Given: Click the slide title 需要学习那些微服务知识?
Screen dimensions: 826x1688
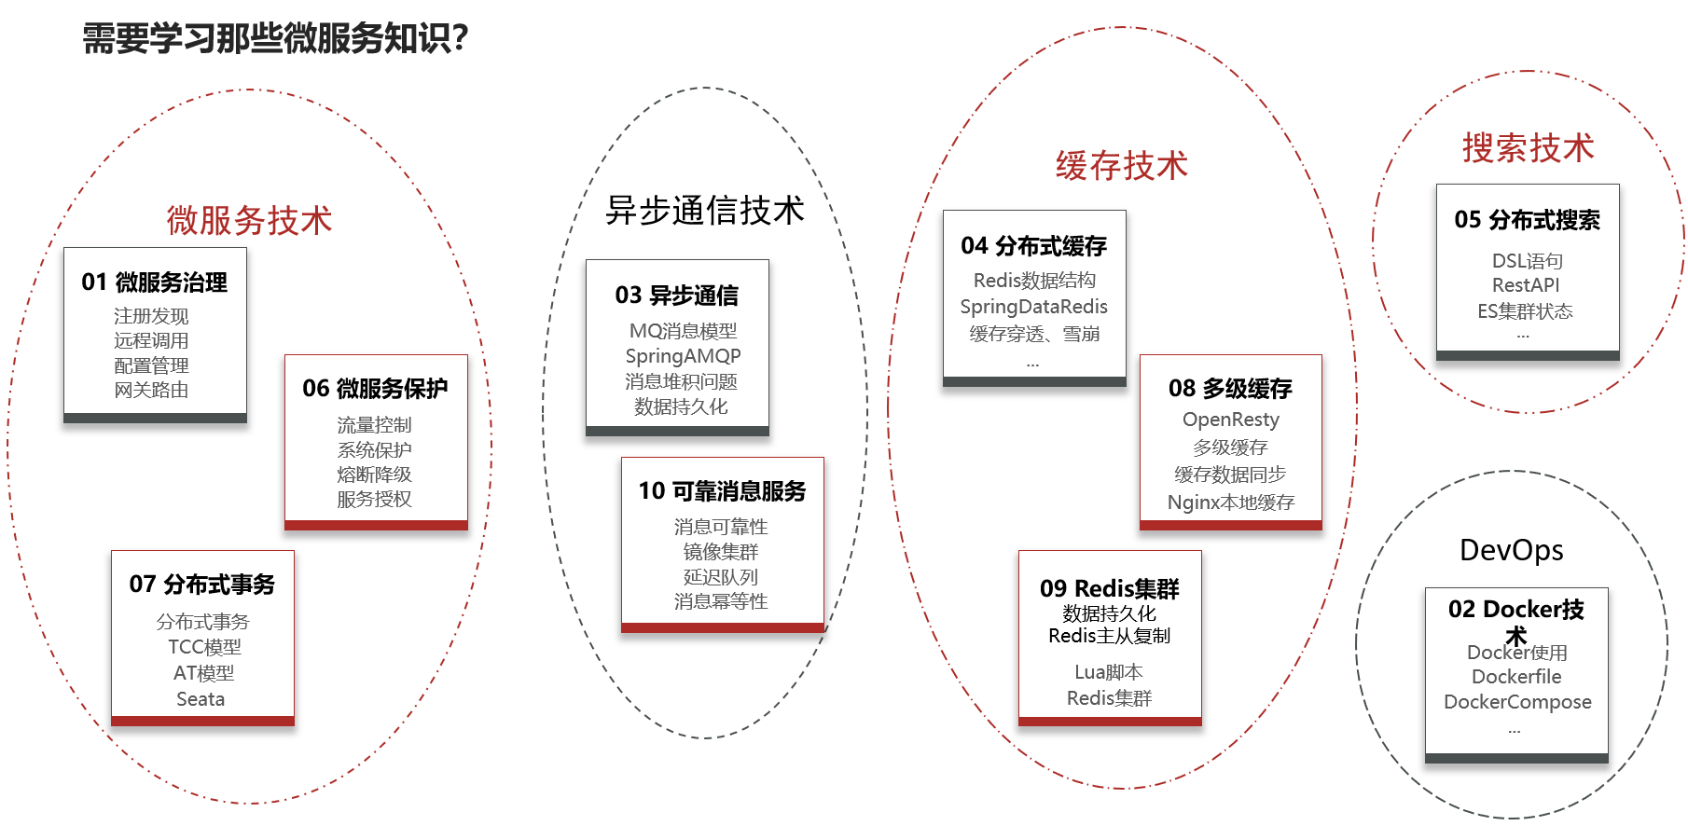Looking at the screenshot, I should click(x=275, y=38).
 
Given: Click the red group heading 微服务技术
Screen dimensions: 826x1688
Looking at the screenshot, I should click(x=249, y=221).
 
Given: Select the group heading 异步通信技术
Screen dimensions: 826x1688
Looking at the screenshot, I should click(x=704, y=211).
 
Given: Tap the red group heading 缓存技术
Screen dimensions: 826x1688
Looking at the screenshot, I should click(x=1121, y=166).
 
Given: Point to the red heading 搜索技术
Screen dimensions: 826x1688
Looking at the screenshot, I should click(x=1528, y=148).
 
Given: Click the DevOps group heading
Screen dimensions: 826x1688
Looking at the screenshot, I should click(x=1511, y=550).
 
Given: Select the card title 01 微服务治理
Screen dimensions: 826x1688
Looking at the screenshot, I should click(x=155, y=282).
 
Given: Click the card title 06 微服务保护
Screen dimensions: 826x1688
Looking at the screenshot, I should click(x=375, y=389).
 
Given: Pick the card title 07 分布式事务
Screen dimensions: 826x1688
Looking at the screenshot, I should click(x=202, y=585).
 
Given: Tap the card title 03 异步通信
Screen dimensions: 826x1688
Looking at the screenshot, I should click(x=677, y=296).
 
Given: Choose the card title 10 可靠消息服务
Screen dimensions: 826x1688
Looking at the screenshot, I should click(x=722, y=491).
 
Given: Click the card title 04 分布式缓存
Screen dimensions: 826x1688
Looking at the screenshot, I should click(x=1033, y=246).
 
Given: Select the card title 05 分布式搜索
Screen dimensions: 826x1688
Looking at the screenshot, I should click(x=1527, y=220).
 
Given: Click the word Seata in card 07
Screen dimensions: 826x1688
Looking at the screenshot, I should click(x=201, y=699).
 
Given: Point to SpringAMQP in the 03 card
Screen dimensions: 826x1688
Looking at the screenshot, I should click(x=683, y=356).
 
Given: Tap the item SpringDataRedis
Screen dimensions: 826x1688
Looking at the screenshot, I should click(x=1033, y=307).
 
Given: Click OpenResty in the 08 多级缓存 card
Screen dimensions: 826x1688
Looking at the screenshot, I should click(x=1230, y=420).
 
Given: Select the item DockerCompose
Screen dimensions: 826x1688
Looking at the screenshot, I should click(x=1516, y=702).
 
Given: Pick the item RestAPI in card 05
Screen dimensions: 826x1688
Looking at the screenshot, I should click(x=1525, y=285).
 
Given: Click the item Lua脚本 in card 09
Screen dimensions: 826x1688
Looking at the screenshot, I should click(x=1108, y=672).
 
